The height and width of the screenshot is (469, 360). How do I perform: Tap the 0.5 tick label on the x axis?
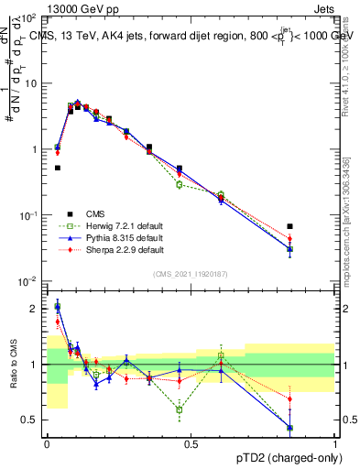click(191, 442)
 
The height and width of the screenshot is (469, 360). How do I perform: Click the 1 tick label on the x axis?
click(334, 442)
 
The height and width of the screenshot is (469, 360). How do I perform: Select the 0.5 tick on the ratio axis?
click(30, 420)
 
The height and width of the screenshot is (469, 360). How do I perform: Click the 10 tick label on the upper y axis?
click(30, 82)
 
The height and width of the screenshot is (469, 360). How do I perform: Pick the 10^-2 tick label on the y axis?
click(27, 281)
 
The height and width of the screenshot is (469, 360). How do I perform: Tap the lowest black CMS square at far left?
click(57, 168)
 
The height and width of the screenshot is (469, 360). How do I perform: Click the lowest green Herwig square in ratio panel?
click(179, 409)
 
